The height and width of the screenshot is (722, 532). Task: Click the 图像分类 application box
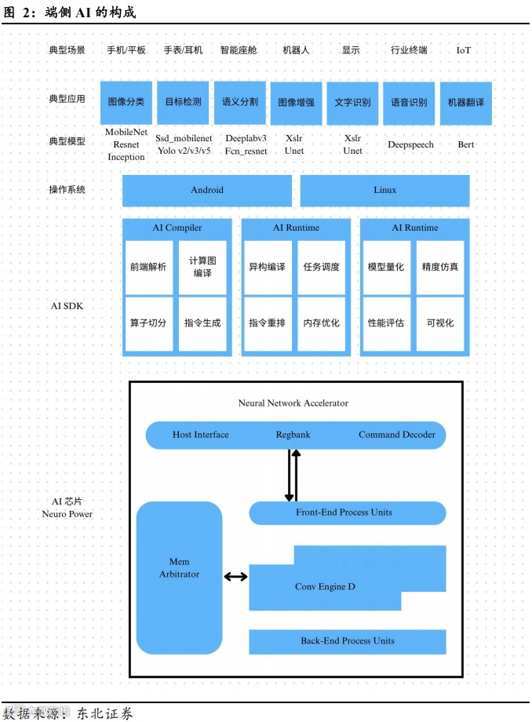[x=126, y=102]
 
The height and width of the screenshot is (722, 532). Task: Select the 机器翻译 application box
[x=465, y=102]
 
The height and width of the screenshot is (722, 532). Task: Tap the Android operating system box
[x=207, y=190]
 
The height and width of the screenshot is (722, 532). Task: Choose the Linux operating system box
[x=384, y=190]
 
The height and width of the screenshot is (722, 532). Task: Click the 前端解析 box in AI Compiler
[x=148, y=267]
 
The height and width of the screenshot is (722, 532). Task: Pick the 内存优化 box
[x=322, y=323]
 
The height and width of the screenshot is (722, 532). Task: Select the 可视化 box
[x=440, y=323]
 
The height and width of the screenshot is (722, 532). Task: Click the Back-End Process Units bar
[x=348, y=641]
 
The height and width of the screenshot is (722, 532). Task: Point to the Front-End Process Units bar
[x=348, y=513]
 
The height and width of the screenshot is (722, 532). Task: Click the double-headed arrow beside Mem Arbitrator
[x=235, y=577]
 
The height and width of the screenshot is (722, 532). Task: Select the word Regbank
[x=293, y=435]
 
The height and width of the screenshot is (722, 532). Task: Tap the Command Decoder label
[x=397, y=435]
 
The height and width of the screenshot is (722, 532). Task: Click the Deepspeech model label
[x=410, y=144]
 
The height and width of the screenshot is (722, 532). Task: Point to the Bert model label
[x=466, y=144]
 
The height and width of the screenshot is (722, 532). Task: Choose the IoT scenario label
[x=464, y=50]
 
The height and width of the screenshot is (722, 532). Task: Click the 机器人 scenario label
[x=297, y=50]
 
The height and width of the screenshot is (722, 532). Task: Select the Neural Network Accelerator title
[x=293, y=403]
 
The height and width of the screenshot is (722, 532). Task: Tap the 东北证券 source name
[x=105, y=713]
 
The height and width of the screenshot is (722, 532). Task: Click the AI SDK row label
[x=67, y=306]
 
